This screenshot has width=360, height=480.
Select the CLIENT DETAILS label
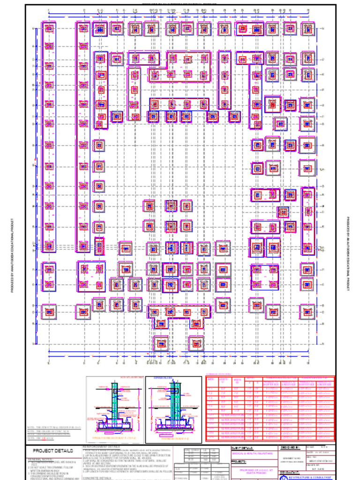pyautogui.click(x=242, y=448)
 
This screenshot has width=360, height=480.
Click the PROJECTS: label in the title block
pyautogui.click(x=239, y=462)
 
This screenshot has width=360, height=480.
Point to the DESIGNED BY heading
pyautogui.click(x=290, y=448)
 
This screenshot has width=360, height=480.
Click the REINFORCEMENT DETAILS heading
pyautogui.click(x=101, y=447)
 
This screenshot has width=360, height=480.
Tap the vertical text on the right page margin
pyautogui.click(x=348, y=253)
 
